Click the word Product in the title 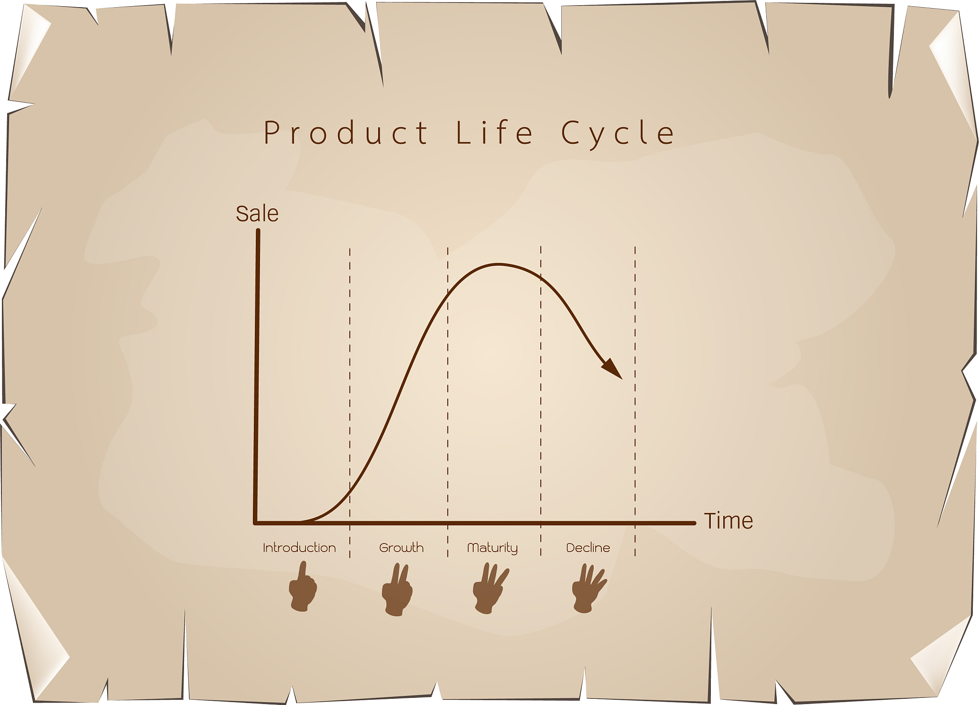[346, 132]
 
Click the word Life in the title [494, 132]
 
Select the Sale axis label [257, 214]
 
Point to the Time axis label [729, 521]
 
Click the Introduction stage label [299, 548]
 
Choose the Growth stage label [402, 548]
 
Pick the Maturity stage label [492, 548]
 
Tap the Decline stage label [588, 548]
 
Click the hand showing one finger [303, 587]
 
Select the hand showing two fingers [397, 590]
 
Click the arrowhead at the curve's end [613, 369]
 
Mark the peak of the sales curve [498, 264]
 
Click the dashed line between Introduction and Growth [350, 402]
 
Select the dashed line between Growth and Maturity [448, 402]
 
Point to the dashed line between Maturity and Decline [541, 401]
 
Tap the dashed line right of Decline [635, 401]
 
